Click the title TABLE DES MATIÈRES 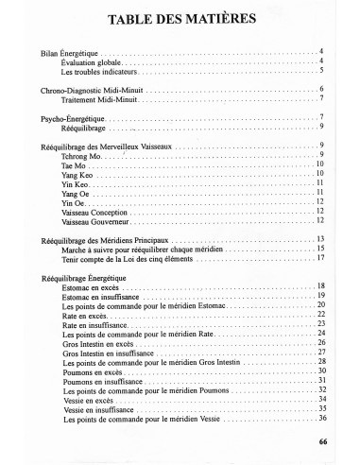coord(179,20)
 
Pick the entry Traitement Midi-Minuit coord(100,98)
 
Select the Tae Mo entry coord(72,164)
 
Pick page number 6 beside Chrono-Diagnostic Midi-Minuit coord(322,88)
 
